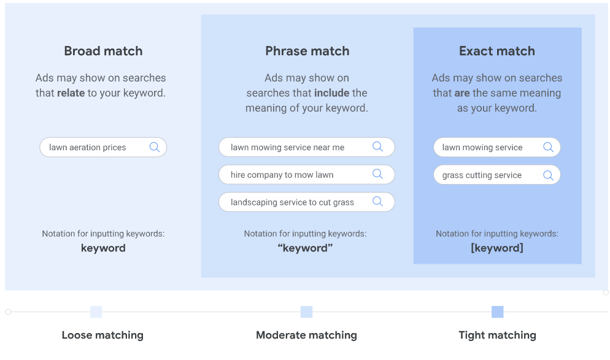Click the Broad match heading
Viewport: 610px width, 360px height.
pyautogui.click(x=103, y=51)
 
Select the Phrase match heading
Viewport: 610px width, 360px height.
pyautogui.click(x=307, y=51)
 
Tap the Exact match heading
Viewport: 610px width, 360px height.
pyautogui.click(x=497, y=51)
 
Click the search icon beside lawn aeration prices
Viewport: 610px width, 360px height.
pyautogui.click(x=155, y=147)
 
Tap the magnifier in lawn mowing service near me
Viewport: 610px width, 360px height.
pyautogui.click(x=377, y=147)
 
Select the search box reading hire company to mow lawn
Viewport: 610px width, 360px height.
pyautogui.click(x=307, y=175)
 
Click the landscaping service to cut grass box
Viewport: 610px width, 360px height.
pyautogui.click(x=307, y=202)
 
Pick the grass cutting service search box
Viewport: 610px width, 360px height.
pyautogui.click(x=497, y=175)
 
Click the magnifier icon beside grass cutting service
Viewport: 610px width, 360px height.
pyautogui.click(x=548, y=175)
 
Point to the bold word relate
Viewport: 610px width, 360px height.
pyautogui.click(x=71, y=93)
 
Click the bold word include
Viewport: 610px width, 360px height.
pyautogui.click(x=331, y=93)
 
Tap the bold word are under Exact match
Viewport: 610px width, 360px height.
pyautogui.click(x=462, y=93)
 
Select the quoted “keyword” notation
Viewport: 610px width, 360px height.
pyautogui.click(x=306, y=248)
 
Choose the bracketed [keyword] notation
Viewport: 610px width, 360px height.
pyautogui.click(x=497, y=248)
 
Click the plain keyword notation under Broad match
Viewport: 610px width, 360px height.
pyautogui.click(x=103, y=248)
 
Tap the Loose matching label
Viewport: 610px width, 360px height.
pyautogui.click(x=102, y=335)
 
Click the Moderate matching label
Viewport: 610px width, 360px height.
pyautogui.click(x=307, y=335)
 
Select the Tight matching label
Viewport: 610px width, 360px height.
pyautogui.click(x=497, y=335)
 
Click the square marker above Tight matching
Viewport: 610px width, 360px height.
pyautogui.click(x=497, y=312)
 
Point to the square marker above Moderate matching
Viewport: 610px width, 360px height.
pyautogui.click(x=307, y=312)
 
